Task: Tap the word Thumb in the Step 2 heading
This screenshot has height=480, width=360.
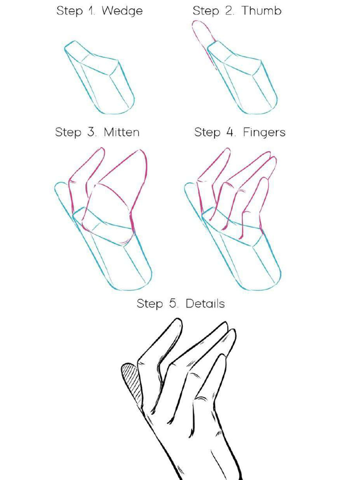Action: pyautogui.click(x=261, y=11)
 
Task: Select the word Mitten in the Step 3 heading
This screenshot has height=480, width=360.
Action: pyautogui.click(x=121, y=132)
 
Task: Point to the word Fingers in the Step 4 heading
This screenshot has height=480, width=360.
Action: pyautogui.click(x=264, y=133)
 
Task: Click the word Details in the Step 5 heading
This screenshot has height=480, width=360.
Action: pyautogui.click(x=205, y=304)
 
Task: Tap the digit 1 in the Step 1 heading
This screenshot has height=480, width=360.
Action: pyautogui.click(x=91, y=11)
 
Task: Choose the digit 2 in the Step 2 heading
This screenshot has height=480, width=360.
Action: pyautogui.click(x=229, y=11)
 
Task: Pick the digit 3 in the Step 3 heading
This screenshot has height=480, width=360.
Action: pyautogui.click(x=90, y=132)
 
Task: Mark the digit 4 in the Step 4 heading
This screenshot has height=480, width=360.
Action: pyautogui.click(x=230, y=132)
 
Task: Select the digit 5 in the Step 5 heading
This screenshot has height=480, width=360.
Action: pyautogui.click(x=172, y=304)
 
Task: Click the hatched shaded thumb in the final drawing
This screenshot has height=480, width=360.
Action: pyautogui.click(x=132, y=379)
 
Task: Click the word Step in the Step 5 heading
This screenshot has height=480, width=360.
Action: pyautogui.click(x=149, y=304)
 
